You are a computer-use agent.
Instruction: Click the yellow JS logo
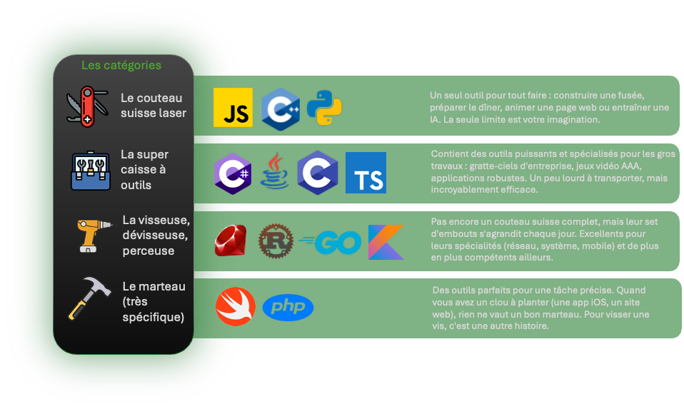tap(233, 108)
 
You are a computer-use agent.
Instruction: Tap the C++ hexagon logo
tap(279, 108)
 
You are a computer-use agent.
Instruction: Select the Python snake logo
tap(325, 108)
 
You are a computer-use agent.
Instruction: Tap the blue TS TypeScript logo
tap(366, 173)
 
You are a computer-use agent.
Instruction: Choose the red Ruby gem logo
tap(231, 241)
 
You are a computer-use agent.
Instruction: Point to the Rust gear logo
tap(276, 241)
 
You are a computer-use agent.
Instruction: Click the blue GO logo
tap(331, 243)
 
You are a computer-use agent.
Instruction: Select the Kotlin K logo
tap(386, 242)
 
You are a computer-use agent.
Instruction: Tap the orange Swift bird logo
tap(236, 307)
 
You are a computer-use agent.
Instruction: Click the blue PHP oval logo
tap(288, 308)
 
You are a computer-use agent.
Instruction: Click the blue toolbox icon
tap(91, 171)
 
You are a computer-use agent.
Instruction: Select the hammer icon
tap(88, 298)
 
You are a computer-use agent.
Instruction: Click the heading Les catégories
tap(121, 66)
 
